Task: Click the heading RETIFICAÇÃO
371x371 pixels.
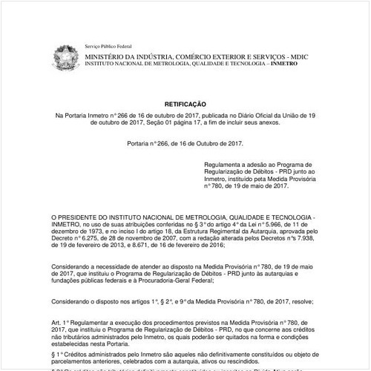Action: (x=185, y=105)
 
